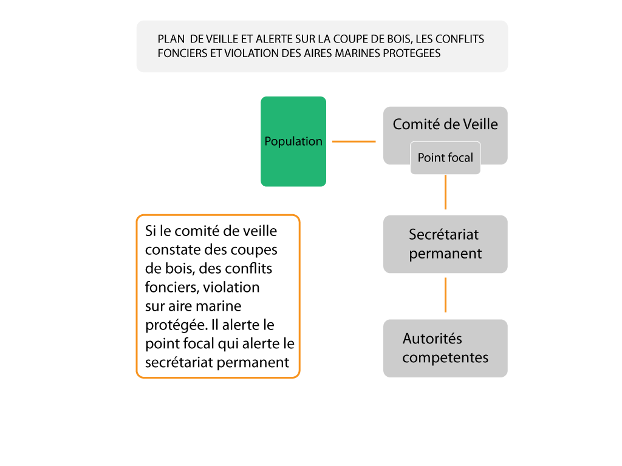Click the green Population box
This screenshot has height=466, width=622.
(x=293, y=141)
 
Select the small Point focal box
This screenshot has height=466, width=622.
(x=445, y=158)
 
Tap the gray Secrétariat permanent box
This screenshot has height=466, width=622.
(x=445, y=244)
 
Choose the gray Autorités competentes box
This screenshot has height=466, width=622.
(x=445, y=348)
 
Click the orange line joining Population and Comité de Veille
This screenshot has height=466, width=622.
(x=354, y=141)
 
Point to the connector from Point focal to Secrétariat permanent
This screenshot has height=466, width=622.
(x=445, y=192)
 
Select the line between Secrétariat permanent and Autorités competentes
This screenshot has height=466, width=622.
(x=445, y=295)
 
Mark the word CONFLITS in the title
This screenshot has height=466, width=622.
(x=461, y=39)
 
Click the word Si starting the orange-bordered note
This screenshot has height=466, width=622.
(x=151, y=231)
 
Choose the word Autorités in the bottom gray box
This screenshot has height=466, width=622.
(x=432, y=339)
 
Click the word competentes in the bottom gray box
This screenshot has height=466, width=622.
(x=445, y=358)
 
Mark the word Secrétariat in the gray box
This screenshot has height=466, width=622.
(x=444, y=235)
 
